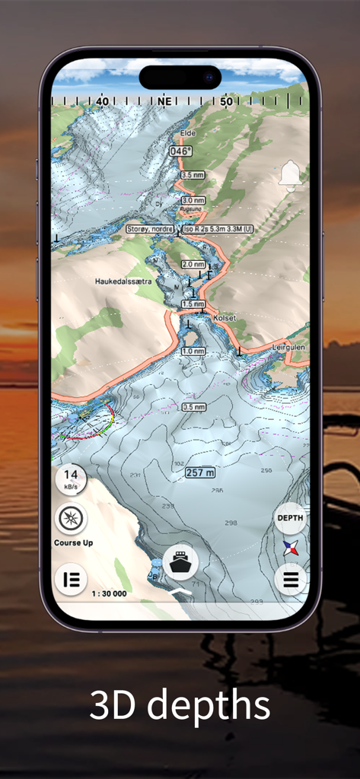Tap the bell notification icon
[290, 174]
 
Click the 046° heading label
[180, 151]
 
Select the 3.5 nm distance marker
[193, 175]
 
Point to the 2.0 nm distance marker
[193, 264]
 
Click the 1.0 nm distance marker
[193, 351]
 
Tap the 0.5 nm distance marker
[193, 407]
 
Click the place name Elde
[187, 134]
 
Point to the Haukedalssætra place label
[123, 281]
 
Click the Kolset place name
[225, 319]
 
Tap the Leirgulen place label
[290, 346]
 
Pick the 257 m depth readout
[199, 473]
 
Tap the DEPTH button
[290, 518]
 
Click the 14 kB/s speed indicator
[70, 479]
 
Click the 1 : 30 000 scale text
[109, 593]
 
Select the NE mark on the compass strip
[164, 100]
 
